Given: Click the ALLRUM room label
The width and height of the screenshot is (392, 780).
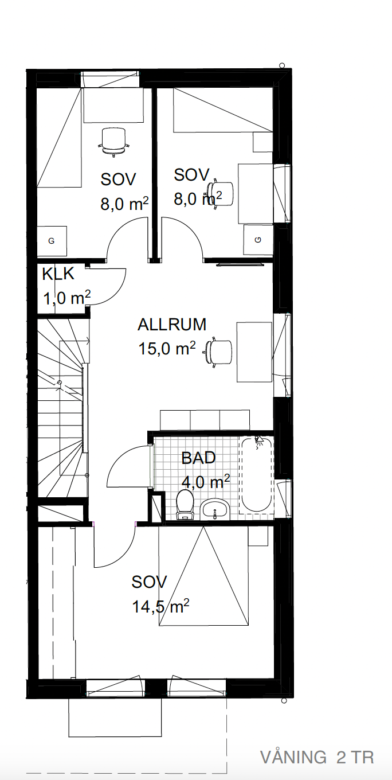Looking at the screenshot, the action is (x=172, y=325).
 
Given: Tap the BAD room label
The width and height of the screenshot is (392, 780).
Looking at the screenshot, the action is (x=199, y=458).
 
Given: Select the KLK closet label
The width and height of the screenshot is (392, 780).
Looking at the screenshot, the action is (x=58, y=274).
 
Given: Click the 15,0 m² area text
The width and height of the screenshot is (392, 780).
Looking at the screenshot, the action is (x=167, y=348).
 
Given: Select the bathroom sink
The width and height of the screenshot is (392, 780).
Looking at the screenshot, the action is (x=215, y=509).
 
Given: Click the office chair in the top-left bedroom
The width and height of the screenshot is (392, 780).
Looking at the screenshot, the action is (x=113, y=141).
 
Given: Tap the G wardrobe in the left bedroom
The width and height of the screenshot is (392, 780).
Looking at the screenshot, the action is (x=52, y=241).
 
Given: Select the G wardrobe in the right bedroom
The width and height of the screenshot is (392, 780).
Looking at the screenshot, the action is (x=258, y=240).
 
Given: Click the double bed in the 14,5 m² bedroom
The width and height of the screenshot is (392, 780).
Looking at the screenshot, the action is (x=203, y=576).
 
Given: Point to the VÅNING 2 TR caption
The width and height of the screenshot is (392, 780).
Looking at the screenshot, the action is (x=317, y=758).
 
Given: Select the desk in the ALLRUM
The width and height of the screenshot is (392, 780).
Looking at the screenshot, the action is (x=254, y=352).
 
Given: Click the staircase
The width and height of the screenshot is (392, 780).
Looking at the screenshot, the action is (x=62, y=407).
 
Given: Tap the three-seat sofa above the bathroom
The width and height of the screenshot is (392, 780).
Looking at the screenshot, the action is (x=205, y=420).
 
